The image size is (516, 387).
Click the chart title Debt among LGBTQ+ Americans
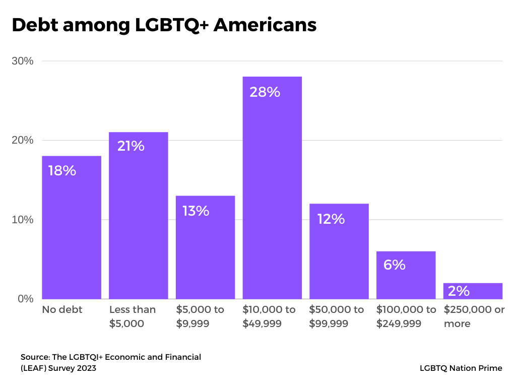point(164,25)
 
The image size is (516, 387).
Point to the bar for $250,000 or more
point(473,291)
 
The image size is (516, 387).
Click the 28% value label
point(265,92)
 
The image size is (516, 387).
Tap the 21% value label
point(131,146)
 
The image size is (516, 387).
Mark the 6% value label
point(394,265)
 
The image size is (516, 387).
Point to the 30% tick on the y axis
point(23,61)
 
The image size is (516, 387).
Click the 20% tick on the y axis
point(23,140)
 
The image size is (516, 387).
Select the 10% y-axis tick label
point(23,220)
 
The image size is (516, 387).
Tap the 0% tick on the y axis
point(25,299)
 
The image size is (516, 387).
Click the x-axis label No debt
point(62,309)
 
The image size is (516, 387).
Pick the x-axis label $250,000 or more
point(474,316)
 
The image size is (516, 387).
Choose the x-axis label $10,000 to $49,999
point(269,316)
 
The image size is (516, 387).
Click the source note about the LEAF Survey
point(111,362)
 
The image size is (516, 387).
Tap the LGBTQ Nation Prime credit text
point(461,368)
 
